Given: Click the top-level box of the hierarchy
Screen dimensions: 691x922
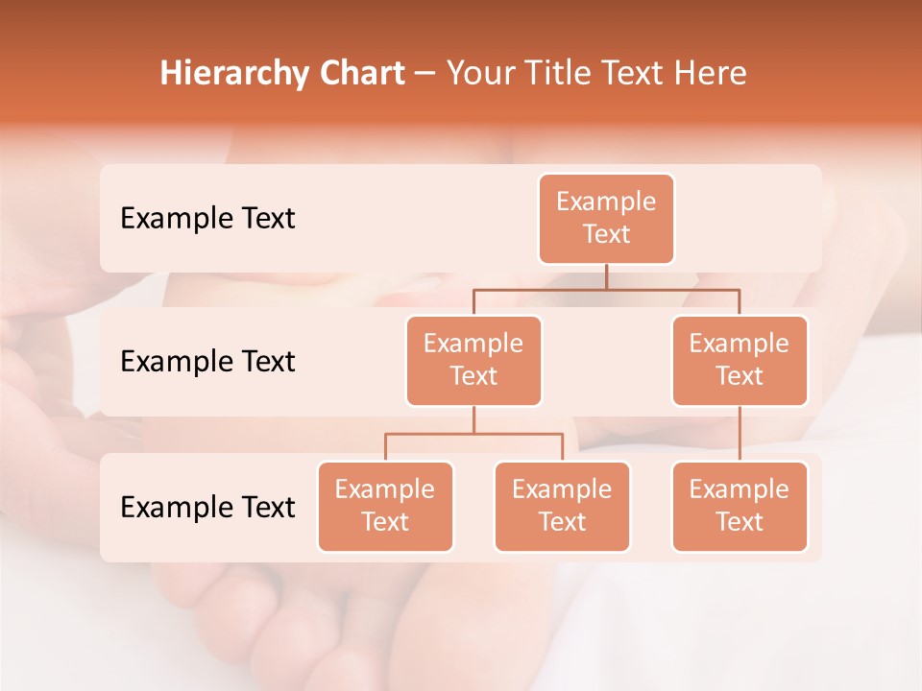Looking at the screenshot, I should [606, 219].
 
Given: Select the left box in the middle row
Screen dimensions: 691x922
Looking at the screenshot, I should [473, 361].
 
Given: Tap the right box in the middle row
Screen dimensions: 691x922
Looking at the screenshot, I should [740, 361].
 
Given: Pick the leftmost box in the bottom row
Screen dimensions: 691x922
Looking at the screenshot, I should [385, 507].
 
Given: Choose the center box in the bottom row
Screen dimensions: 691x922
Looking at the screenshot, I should [562, 507].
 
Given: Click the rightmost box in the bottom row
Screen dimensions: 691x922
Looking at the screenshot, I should [740, 507].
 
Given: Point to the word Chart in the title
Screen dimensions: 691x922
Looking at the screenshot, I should [358, 73].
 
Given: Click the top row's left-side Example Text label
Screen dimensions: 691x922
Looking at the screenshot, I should [207, 219].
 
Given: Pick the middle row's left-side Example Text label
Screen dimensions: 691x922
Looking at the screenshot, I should [207, 362].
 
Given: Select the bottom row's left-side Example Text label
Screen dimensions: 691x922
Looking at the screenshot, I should [207, 508].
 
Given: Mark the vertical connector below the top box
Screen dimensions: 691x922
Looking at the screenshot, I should [606, 276].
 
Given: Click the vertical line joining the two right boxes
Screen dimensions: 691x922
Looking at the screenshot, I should [740, 434].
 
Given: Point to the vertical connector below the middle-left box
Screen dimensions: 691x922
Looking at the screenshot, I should [473, 420].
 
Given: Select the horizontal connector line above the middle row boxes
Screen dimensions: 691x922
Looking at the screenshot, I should [672, 289].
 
